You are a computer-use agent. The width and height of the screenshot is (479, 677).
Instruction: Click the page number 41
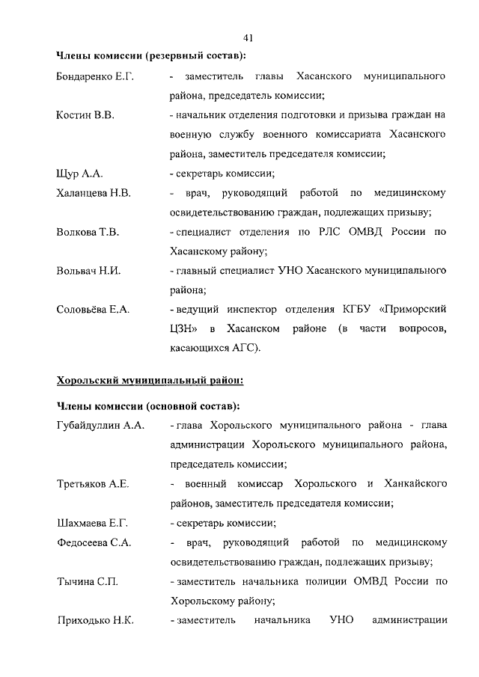pyautogui.click(x=249, y=37)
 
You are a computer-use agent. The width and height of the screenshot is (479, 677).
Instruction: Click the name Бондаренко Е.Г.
pyautogui.click(x=95, y=77)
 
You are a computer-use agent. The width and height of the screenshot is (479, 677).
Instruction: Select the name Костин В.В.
pyautogui.click(x=84, y=116)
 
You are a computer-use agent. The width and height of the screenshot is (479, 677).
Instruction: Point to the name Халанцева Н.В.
pyautogui.click(x=94, y=193)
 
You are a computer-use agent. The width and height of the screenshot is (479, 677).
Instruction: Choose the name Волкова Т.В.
pyautogui.click(x=88, y=232)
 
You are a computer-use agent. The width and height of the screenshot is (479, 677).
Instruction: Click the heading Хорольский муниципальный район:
pyautogui.click(x=150, y=380)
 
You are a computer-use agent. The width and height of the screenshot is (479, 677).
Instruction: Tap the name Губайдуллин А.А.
pyautogui.click(x=100, y=426)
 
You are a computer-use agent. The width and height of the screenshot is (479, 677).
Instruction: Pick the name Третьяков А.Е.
pyautogui.click(x=93, y=484)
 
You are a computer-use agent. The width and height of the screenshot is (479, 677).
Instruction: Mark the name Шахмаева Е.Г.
pyautogui.click(x=93, y=523)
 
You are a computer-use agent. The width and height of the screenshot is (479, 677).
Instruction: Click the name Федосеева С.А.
pyautogui.click(x=94, y=542)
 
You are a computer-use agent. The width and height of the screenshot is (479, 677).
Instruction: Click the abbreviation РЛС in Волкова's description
pyautogui.click(x=329, y=232)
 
